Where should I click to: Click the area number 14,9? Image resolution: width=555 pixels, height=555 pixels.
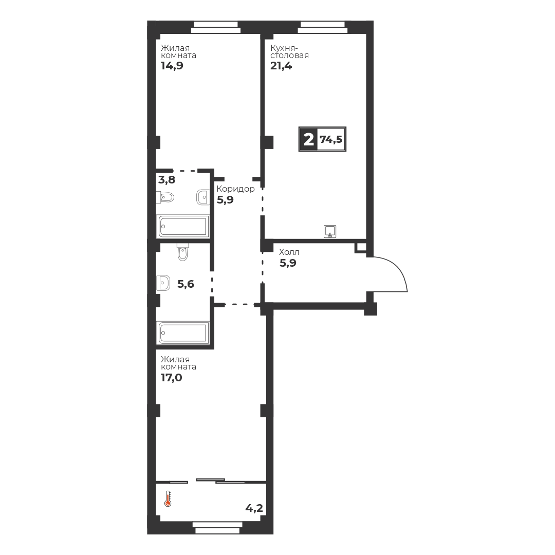point(172,66)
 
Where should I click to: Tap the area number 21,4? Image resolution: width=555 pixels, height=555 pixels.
point(281,66)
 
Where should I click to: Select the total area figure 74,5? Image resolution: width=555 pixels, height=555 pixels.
point(331,139)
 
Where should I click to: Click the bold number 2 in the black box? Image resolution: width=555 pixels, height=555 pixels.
point(309,140)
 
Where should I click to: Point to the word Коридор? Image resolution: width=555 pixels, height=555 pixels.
point(236,189)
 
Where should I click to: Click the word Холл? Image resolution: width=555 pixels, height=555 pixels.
point(289,252)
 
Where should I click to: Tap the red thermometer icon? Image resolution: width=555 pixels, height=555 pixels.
point(168,498)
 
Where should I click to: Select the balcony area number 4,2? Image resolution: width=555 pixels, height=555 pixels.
point(254,509)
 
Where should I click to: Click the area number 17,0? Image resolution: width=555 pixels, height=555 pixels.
point(172,378)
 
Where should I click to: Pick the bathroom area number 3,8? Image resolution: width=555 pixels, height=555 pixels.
point(166,180)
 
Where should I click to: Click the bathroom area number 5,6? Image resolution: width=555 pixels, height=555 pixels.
point(186,284)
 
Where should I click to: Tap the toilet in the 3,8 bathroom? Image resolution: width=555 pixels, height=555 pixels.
point(165,197)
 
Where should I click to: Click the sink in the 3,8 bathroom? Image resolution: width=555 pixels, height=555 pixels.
point(203,197)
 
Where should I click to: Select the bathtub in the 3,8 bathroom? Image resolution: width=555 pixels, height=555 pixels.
point(182,226)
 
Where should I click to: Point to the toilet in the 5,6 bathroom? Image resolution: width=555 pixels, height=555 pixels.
point(182,252)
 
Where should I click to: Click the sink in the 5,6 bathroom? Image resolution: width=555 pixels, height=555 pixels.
point(163,283)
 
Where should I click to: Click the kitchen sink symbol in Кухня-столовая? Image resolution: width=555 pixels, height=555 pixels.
point(330,231)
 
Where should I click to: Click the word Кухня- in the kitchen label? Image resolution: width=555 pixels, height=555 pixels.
point(285,48)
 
